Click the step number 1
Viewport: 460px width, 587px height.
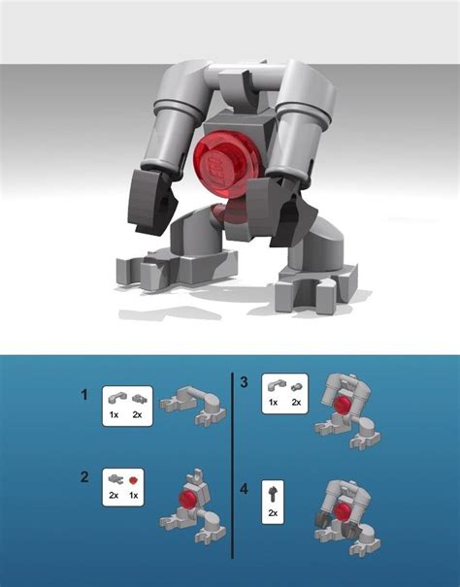coord(87,395)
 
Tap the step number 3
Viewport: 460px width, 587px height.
coord(244,383)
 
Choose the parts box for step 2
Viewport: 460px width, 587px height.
coord(126,485)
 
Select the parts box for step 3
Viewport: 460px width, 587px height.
coord(285,393)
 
